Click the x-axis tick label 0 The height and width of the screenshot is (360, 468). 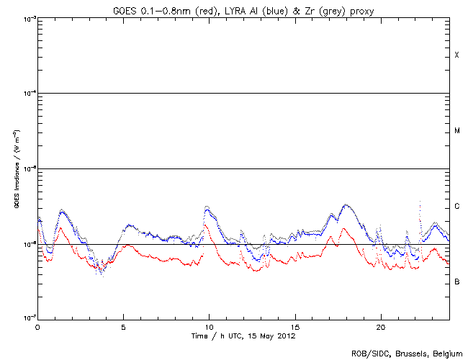(x=37, y=326)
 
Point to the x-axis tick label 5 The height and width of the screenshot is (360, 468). (x=123, y=326)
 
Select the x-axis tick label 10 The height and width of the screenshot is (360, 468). (x=209, y=326)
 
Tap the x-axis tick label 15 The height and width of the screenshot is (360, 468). (x=294, y=326)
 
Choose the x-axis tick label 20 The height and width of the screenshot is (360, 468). (x=380, y=326)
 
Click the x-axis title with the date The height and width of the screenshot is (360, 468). (x=243, y=336)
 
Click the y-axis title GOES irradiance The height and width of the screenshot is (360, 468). (x=16, y=169)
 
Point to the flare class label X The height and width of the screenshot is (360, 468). (x=456, y=55)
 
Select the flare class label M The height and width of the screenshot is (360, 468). (x=456, y=131)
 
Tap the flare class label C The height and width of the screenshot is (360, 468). (x=456, y=207)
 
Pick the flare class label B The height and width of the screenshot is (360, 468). (x=456, y=282)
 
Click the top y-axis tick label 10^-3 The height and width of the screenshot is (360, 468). (x=27, y=18)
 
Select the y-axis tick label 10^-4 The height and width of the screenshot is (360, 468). (x=27, y=94)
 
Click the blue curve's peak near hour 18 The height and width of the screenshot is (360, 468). (x=346, y=204)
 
